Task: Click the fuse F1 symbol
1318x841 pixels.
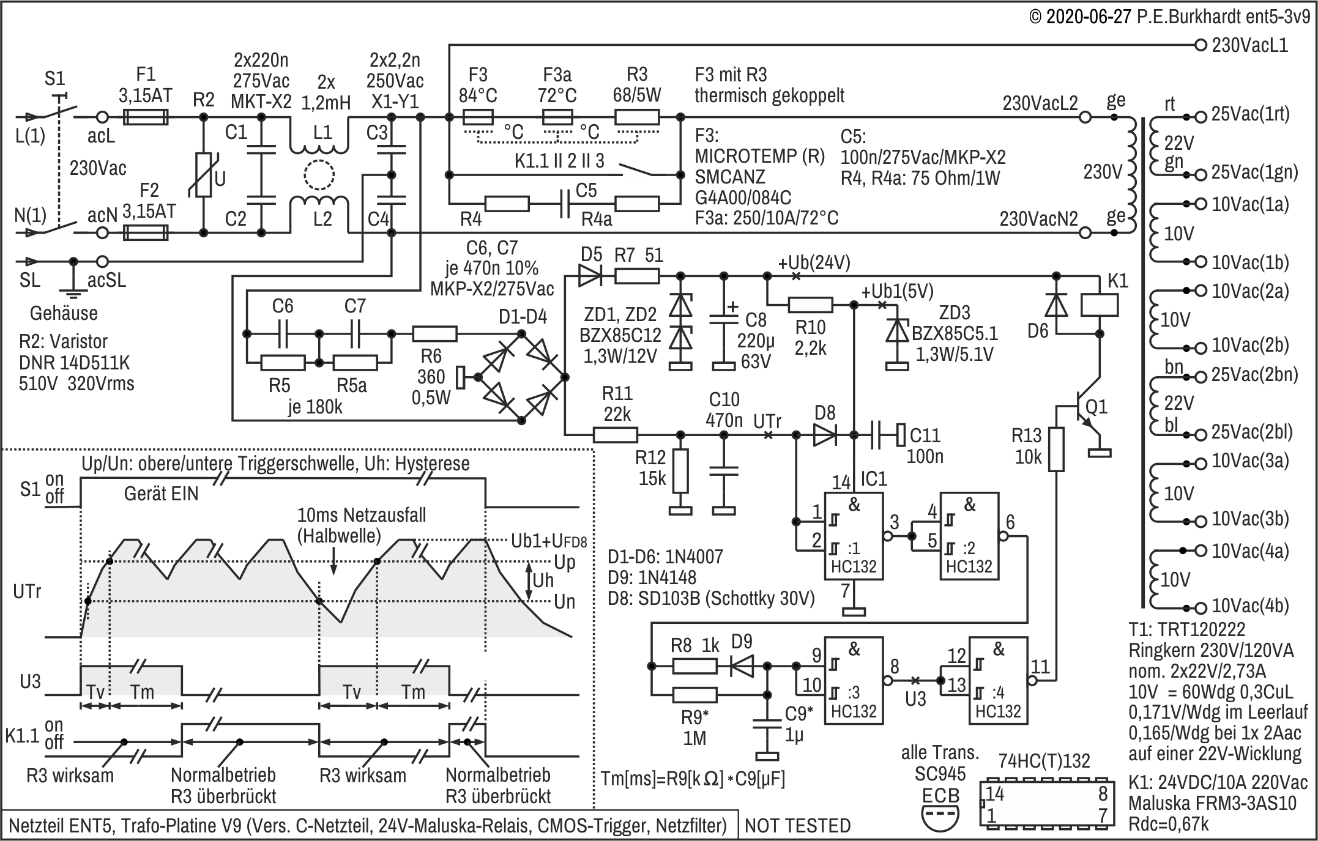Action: click(146, 117)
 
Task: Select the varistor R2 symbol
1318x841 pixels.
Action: click(203, 175)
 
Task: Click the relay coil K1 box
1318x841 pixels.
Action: click(1100, 305)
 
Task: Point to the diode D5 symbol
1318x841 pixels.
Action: click(590, 276)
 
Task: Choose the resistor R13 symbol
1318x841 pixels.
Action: click(1056, 450)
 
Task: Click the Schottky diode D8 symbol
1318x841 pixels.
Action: click(825, 435)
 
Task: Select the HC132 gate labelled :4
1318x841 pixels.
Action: click(998, 680)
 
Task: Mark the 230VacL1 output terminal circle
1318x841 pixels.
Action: click(1201, 45)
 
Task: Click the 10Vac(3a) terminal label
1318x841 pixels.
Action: click(1250, 461)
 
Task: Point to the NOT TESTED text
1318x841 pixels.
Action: click(797, 826)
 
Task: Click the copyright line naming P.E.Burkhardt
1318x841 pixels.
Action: click(1169, 16)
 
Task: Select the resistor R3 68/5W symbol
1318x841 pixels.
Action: click(637, 117)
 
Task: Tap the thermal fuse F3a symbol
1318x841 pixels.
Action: click(557, 117)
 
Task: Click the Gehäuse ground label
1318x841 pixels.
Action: click(64, 313)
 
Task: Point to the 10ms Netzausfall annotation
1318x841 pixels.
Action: click(362, 515)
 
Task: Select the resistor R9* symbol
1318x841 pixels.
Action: click(694, 695)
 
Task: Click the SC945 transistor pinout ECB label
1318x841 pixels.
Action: click(940, 796)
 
